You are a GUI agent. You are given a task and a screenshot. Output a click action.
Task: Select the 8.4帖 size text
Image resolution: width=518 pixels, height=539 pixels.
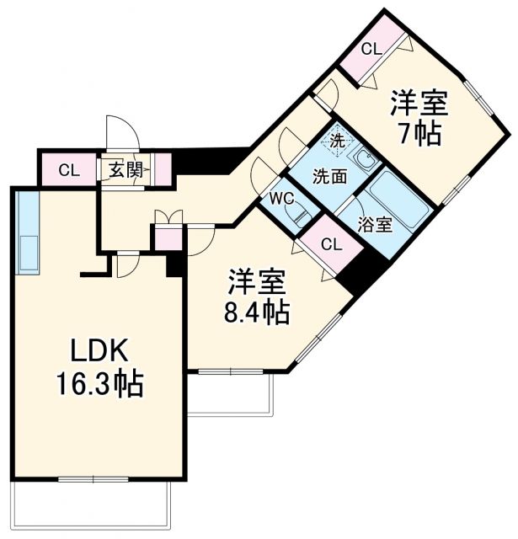tap(257, 312)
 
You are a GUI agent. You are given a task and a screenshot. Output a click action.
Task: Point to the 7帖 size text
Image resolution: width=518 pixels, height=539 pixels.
tap(419, 133)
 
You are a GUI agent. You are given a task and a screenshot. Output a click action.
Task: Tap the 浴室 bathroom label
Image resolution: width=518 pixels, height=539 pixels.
tap(374, 226)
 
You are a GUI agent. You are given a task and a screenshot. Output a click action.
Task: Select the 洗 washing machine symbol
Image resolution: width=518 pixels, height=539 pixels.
tap(336, 141)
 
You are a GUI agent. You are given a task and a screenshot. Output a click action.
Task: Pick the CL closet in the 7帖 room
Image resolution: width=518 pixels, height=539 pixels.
tap(371, 49)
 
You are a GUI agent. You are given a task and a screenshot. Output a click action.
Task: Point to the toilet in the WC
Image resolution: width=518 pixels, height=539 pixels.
tap(300, 216)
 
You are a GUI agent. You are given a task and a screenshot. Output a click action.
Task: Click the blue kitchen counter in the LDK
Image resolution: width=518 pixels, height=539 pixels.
tap(27, 233)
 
